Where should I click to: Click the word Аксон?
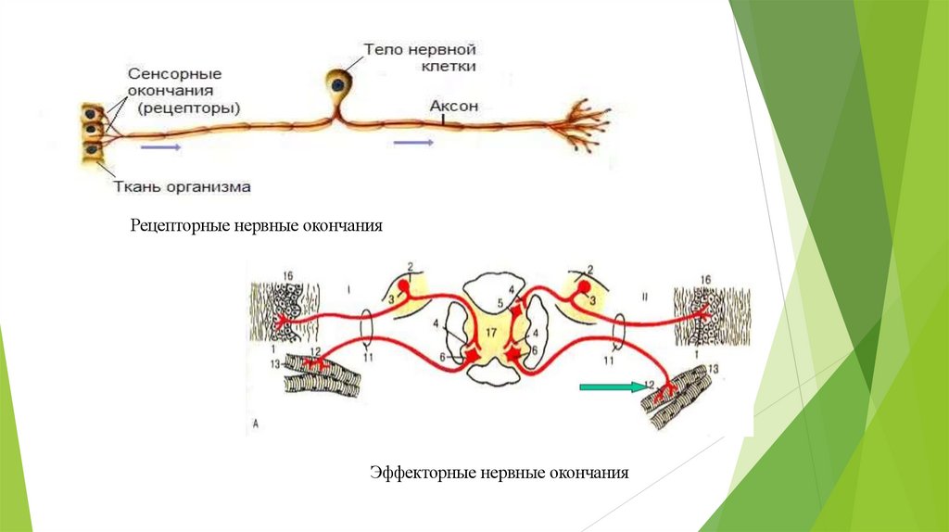tap(453, 107)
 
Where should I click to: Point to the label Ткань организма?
tap(182, 186)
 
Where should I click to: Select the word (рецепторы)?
tap(188, 108)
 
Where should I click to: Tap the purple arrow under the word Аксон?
tap(412, 142)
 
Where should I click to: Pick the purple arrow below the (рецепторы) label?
tap(159, 146)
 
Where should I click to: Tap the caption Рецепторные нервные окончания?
tap(256, 226)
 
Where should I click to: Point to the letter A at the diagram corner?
tap(254, 427)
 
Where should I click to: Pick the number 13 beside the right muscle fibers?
tap(713, 370)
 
